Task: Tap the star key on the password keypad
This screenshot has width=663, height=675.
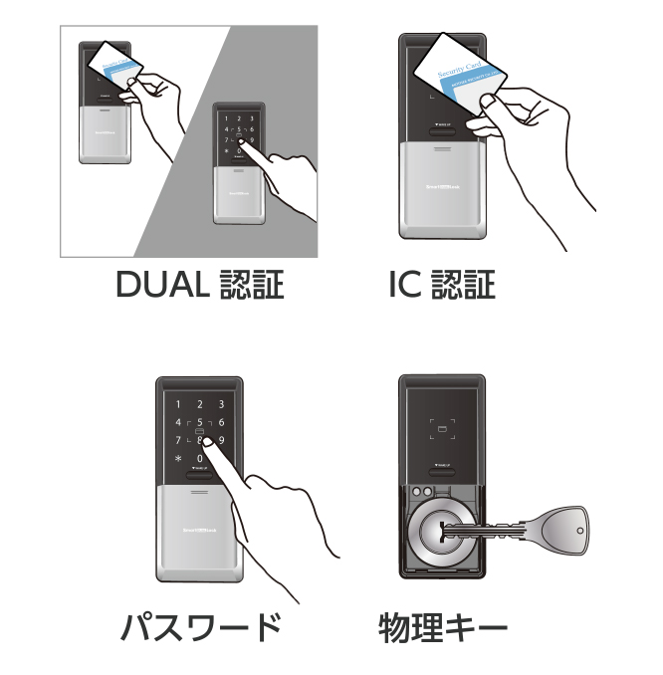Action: (x=178, y=458)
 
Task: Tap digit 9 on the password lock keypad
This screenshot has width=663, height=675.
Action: (x=221, y=440)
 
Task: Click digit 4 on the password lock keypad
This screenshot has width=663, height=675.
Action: (x=178, y=422)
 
